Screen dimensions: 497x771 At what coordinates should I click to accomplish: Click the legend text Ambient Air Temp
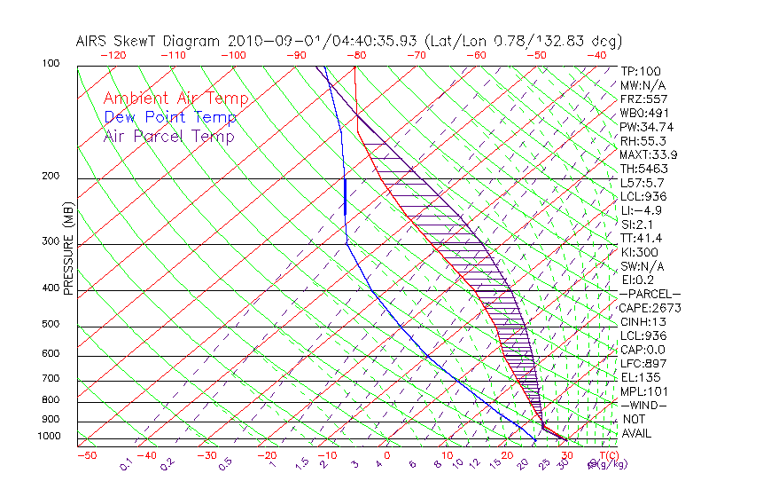coord(175,99)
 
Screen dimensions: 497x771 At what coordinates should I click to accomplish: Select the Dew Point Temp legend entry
coord(170,117)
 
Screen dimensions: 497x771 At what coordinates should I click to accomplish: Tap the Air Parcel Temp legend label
coord(168,136)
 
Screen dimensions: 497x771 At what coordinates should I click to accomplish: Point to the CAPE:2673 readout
coord(651,308)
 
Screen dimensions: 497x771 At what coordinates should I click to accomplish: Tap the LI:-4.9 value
coord(641,210)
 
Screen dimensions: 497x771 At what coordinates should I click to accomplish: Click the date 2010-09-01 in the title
coord(264,41)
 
